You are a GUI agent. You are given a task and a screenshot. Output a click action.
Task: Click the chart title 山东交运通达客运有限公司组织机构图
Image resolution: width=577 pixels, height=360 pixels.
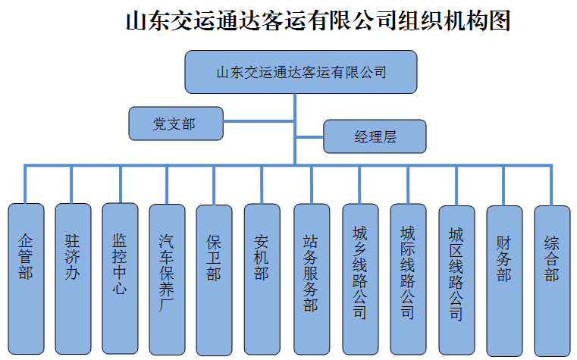(x=318, y=20)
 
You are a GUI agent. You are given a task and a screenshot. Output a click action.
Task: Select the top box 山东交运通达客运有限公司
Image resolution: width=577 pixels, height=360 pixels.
(x=301, y=72)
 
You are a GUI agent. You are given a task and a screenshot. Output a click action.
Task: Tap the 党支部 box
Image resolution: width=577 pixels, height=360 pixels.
(x=176, y=123)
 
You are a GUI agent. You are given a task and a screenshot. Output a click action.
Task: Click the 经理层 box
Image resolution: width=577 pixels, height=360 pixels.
(x=375, y=137)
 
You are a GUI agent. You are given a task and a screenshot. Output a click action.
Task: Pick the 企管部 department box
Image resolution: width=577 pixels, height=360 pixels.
(x=26, y=279)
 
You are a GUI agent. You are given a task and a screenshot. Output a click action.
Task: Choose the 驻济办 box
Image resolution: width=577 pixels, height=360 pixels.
(x=73, y=279)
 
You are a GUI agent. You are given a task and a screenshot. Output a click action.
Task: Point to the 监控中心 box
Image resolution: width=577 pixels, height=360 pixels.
(x=120, y=278)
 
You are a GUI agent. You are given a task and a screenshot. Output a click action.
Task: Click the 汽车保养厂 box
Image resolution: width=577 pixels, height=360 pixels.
(x=167, y=279)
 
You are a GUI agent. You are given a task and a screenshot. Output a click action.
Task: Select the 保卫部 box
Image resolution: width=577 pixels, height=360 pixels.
(x=214, y=279)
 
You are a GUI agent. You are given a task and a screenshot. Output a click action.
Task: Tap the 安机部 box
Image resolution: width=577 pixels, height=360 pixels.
(x=262, y=279)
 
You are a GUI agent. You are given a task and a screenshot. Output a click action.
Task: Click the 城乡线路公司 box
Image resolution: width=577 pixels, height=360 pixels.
(x=359, y=279)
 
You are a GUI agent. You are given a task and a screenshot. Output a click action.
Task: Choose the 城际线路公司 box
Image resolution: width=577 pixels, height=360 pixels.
(x=408, y=279)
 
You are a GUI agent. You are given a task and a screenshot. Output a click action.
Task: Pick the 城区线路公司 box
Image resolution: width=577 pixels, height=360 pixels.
(x=456, y=279)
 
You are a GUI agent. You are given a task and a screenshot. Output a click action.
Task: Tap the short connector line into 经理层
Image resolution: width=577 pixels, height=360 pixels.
(x=309, y=137)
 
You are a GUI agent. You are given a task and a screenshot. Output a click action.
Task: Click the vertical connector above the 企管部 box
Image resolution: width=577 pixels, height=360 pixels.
(x=26, y=184)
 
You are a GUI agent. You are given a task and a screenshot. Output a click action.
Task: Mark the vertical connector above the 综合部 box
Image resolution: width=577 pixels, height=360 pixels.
(x=551, y=185)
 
